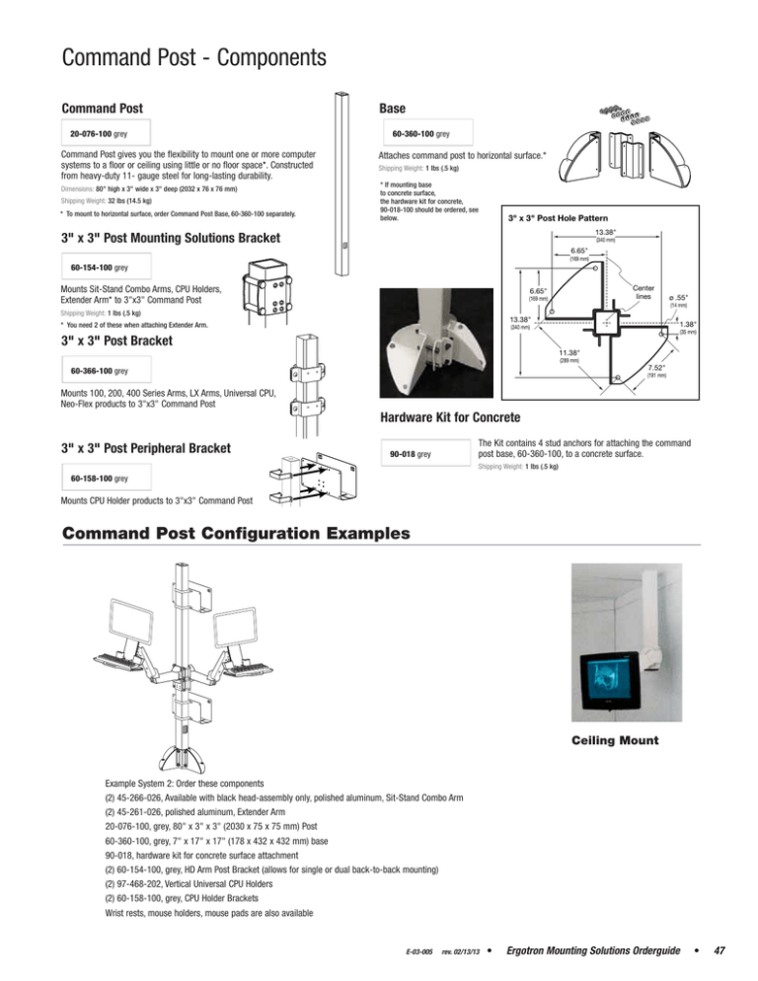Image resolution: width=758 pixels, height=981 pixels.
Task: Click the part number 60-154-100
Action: coord(99,267)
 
